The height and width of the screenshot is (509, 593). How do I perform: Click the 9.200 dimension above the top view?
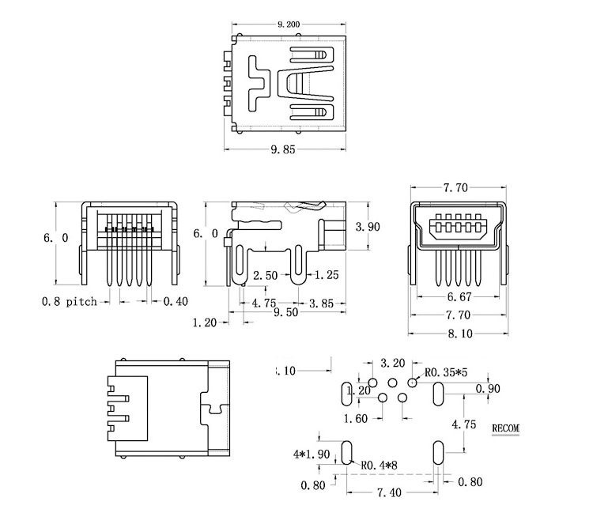click(288, 25)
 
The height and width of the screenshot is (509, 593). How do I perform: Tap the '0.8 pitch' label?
click(70, 301)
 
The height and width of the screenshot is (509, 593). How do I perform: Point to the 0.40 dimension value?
click(176, 301)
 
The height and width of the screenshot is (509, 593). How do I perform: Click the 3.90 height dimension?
click(368, 227)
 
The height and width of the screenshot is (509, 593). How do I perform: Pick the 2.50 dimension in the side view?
click(266, 275)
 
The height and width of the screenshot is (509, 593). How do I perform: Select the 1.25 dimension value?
click(327, 275)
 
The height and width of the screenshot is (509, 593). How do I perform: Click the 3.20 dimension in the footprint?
click(392, 363)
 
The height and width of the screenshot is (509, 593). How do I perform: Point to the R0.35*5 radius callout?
click(448, 372)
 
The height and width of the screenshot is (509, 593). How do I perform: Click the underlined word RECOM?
click(506, 428)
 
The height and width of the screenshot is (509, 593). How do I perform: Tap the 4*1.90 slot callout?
click(310, 454)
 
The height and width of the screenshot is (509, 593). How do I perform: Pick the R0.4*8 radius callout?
click(380, 466)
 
